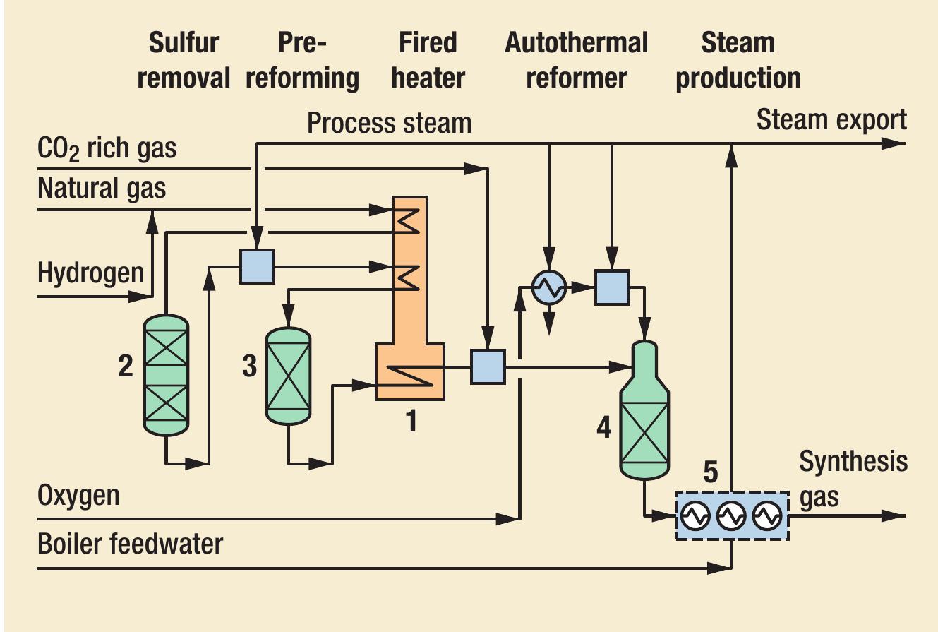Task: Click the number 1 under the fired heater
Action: click(x=409, y=422)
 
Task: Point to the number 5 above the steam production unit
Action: click(x=710, y=472)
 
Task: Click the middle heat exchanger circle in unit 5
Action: click(x=731, y=517)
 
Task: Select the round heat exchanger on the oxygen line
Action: click(x=548, y=287)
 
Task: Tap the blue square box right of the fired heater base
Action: click(x=488, y=366)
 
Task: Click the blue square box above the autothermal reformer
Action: click(x=611, y=287)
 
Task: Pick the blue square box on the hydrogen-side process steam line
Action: click(x=257, y=266)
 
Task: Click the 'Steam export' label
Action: click(x=831, y=120)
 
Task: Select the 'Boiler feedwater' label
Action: click(x=130, y=544)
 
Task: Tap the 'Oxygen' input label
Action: click(x=78, y=496)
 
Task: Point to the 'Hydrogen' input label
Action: click(x=90, y=273)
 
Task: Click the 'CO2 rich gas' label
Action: click(x=107, y=149)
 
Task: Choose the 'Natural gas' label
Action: click(x=102, y=189)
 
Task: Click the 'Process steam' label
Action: click(x=389, y=123)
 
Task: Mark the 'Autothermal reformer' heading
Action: click(x=576, y=60)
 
